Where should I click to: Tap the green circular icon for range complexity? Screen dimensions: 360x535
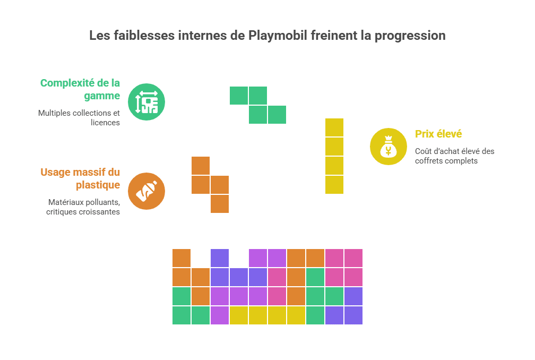146,102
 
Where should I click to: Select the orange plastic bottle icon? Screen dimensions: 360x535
146,191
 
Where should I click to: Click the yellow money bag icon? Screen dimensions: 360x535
389,147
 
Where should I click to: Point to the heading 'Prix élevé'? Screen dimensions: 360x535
438,134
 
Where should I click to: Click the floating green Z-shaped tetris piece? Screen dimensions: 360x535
258,105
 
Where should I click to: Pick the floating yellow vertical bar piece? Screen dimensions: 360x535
334,156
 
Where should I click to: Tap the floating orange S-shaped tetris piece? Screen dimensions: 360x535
210,185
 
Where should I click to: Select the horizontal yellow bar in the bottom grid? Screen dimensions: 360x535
267,315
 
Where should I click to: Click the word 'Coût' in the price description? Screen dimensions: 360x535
424,151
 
